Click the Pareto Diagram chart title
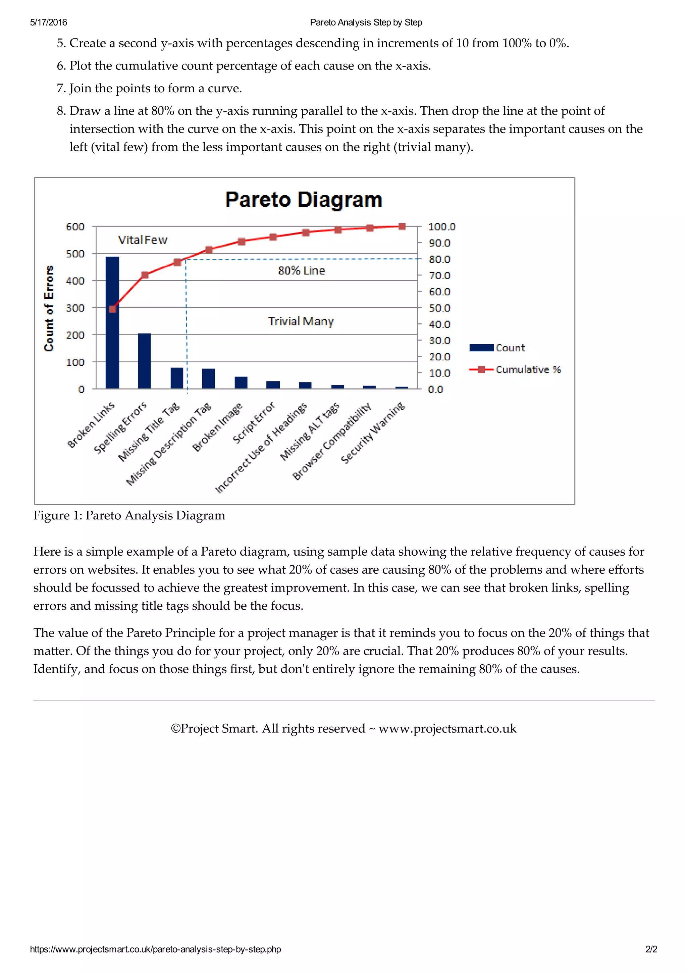tap(304, 199)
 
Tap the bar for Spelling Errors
tap(144, 361)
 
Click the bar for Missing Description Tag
tap(209, 378)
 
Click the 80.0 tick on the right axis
tap(439, 259)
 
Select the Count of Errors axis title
tap(49, 308)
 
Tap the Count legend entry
tap(510, 348)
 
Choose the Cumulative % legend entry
tap(527, 370)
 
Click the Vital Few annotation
tap(143, 240)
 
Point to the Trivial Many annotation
tap(301, 321)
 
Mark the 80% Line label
tap(301, 270)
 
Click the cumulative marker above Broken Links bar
tap(113, 309)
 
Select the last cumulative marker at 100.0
tap(402, 226)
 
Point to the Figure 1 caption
tap(129, 516)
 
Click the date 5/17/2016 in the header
tap(48, 22)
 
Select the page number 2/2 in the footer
tap(651, 949)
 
